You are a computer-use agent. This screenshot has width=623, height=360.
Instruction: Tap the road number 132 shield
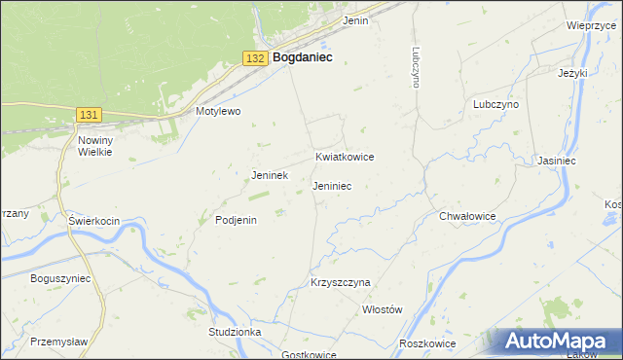255,58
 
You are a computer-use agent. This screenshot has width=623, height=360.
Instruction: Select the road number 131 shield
89,115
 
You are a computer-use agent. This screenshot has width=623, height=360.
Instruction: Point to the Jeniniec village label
332,185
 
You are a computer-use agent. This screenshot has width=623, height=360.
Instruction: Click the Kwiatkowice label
345,157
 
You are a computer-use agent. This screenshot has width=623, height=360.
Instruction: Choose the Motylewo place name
218,111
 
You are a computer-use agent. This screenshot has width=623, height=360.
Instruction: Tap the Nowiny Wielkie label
95,146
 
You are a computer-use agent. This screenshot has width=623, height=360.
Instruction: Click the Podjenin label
236,220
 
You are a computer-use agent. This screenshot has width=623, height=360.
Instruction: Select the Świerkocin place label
93,221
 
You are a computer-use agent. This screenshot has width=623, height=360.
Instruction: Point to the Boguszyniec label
60,277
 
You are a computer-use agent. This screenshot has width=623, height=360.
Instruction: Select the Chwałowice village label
468,216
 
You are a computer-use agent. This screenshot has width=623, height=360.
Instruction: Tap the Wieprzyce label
587,25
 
